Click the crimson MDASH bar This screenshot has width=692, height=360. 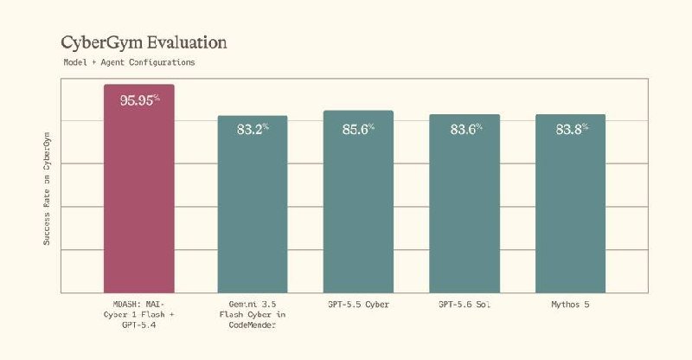coord(139,189)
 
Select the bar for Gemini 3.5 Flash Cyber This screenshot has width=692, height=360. coord(253,204)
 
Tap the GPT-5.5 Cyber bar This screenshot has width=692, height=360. coord(358,202)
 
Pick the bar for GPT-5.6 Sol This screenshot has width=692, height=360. coord(465,203)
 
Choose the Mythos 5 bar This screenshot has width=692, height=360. coord(571,203)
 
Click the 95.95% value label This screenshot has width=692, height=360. coord(139,100)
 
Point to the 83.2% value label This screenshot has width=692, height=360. coord(253,130)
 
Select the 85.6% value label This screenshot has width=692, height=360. coord(358,130)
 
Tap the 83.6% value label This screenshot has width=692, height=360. coord(466,130)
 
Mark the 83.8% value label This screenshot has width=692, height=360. coord(572,130)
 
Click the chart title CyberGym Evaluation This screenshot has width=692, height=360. coord(144,43)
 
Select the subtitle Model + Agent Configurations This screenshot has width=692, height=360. coord(129,62)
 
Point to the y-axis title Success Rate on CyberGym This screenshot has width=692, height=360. coord(47,189)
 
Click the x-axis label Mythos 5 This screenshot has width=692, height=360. coord(570,305)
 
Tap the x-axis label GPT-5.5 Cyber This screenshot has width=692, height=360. coord(358,305)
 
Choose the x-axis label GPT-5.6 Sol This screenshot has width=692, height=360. coord(465,305)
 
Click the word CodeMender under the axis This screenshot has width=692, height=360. coord(253,325)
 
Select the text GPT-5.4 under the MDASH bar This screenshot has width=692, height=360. coord(139,325)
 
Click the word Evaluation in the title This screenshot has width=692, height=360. coord(187,42)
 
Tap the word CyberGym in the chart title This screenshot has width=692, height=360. coord(102,43)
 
